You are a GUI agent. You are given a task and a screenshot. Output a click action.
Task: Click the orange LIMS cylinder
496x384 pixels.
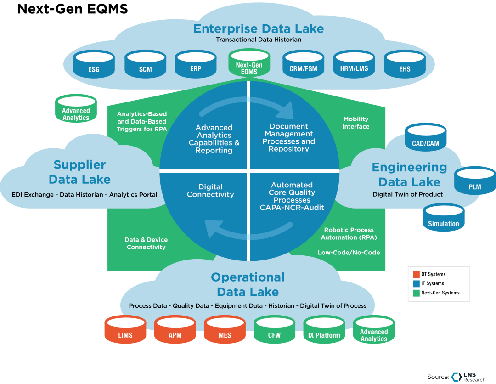(x=125, y=330)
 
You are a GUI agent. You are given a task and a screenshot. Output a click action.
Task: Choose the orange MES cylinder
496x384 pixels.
(x=225, y=330)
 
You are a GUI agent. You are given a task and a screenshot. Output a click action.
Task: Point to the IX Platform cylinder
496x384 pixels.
(x=324, y=330)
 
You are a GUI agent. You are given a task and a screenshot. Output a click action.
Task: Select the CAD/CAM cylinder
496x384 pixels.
(x=425, y=137)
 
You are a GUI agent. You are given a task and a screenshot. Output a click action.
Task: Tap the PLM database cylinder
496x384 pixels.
(x=474, y=181)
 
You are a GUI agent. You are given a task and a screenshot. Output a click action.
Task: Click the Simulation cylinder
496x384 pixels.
(x=443, y=218)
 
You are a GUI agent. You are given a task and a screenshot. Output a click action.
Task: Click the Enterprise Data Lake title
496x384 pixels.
(x=259, y=28)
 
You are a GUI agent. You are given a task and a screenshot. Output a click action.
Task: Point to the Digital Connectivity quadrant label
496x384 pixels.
(x=210, y=191)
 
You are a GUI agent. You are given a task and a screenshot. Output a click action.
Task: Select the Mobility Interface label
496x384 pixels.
(x=356, y=123)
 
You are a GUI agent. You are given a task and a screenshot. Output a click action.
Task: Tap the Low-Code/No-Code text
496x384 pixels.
(x=349, y=253)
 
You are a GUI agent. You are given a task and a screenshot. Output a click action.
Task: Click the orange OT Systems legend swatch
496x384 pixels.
(x=415, y=274)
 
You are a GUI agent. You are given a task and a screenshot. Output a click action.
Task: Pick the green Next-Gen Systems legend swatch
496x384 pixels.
(x=415, y=293)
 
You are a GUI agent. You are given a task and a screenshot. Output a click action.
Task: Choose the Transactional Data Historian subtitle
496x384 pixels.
(x=259, y=40)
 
